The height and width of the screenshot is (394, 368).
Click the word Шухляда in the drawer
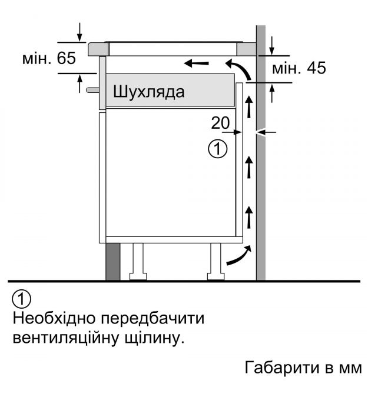[148, 92]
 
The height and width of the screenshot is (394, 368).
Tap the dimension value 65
[66, 58]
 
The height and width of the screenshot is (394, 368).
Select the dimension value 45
[316, 68]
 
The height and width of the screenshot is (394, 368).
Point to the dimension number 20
[220, 123]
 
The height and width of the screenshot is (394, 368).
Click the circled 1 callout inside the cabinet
[218, 149]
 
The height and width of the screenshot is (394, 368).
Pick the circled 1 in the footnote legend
[21, 299]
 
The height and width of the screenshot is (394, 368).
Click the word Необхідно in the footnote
[54, 318]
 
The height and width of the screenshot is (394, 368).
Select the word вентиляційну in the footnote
[66, 338]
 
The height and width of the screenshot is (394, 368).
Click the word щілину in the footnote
[154, 338]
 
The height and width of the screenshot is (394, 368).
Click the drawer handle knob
[92, 90]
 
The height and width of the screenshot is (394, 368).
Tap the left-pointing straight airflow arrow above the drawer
[196, 63]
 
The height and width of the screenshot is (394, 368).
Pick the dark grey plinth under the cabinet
[112, 262]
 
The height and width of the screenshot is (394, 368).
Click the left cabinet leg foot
[138, 276]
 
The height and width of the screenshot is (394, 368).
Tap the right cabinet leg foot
[216, 276]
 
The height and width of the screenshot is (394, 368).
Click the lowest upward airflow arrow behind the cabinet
[249, 217]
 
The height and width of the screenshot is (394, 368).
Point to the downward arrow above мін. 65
[79, 32]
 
